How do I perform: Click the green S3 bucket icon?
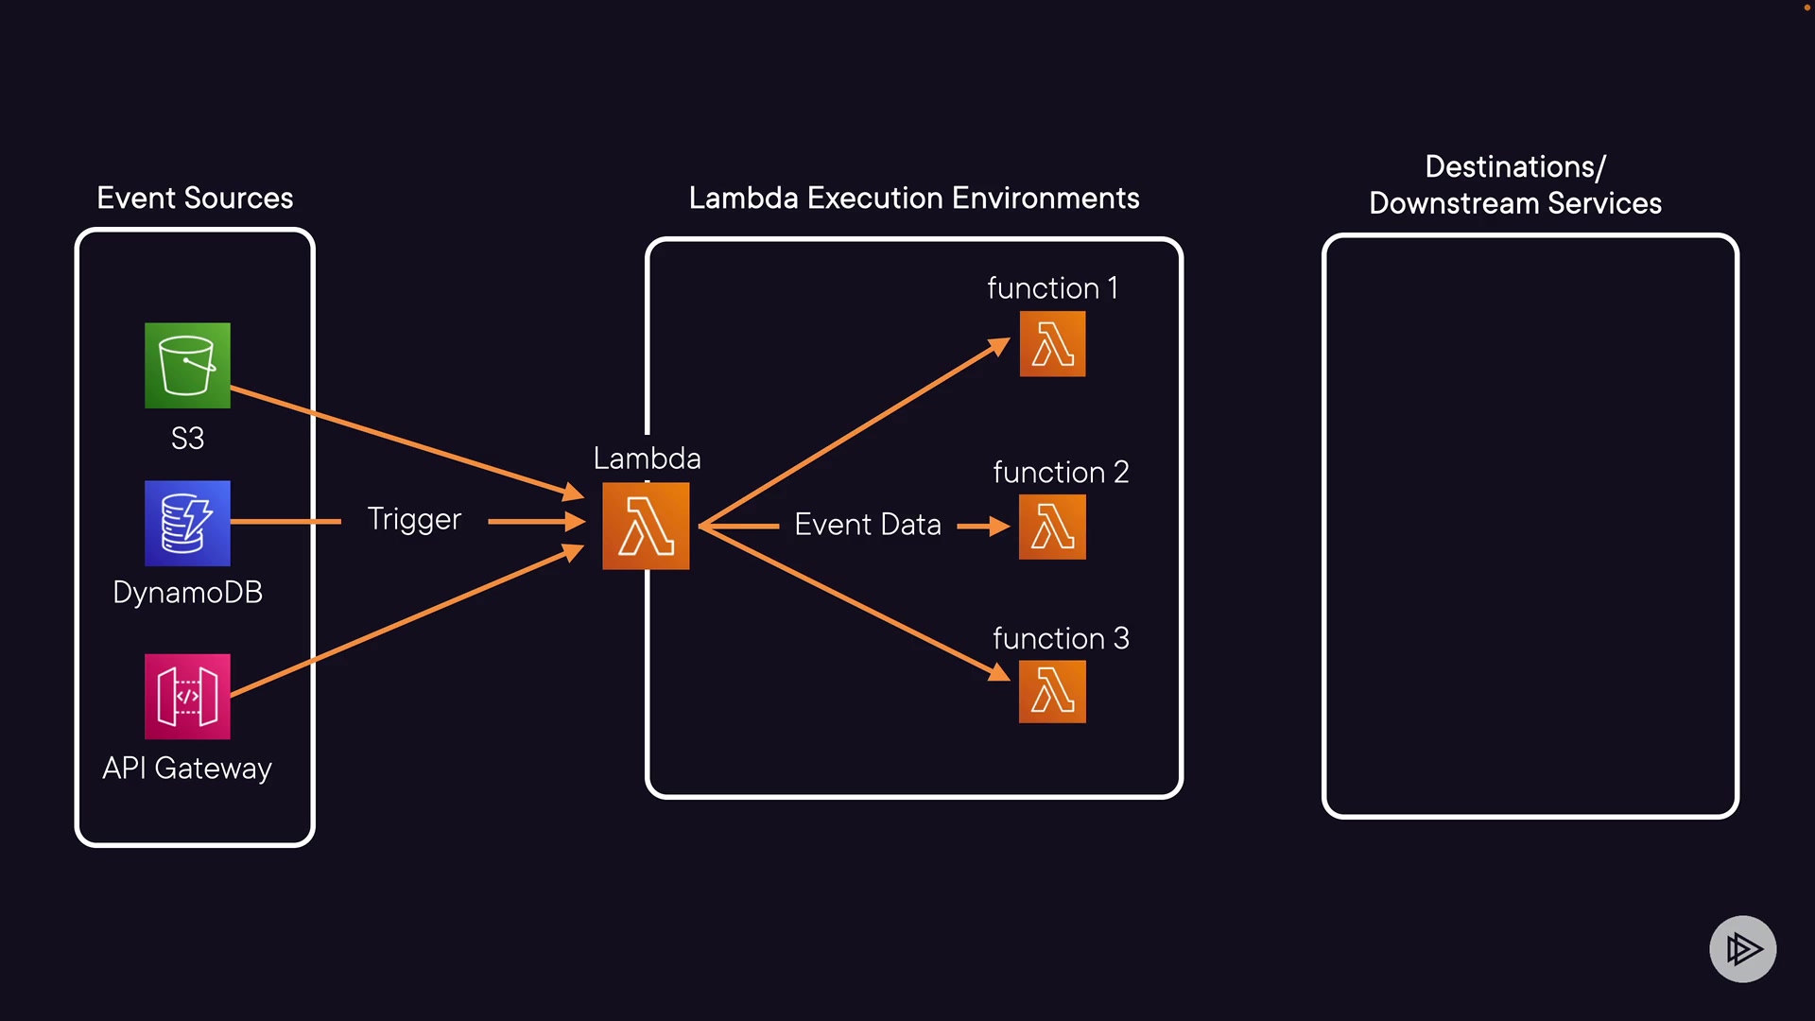pyautogui.click(x=187, y=366)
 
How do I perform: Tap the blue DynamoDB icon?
pyautogui.click(x=187, y=523)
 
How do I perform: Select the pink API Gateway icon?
pyautogui.click(x=187, y=697)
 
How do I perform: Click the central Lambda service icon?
pyautogui.click(x=646, y=526)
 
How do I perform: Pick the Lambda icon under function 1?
pyautogui.click(x=1052, y=344)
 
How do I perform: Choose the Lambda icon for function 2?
pyautogui.click(x=1052, y=527)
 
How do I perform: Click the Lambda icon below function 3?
pyautogui.click(x=1052, y=691)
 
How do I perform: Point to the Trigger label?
pyautogui.click(x=414, y=519)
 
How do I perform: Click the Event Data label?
pyautogui.click(x=868, y=525)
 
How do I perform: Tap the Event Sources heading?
pyautogui.click(x=195, y=199)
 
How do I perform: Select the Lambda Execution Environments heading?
pyautogui.click(x=914, y=199)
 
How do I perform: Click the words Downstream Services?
pyautogui.click(x=1515, y=203)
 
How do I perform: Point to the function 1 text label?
pyautogui.click(x=1052, y=288)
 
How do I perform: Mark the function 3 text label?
pyautogui.click(x=1061, y=639)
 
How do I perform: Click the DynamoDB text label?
pyautogui.click(x=187, y=593)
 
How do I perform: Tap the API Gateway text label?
pyautogui.click(x=187, y=769)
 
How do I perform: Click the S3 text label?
pyautogui.click(x=187, y=439)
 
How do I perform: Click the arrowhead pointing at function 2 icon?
pyautogui.click(x=999, y=526)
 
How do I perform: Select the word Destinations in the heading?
pyautogui.click(x=1510, y=167)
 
